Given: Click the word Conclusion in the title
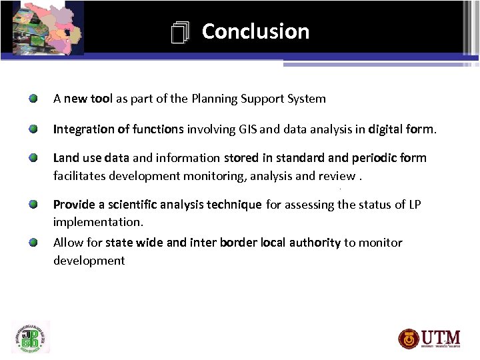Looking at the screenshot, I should tap(255, 31).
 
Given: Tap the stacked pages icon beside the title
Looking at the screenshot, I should tap(180, 33).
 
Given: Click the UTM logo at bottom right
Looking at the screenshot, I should tap(429, 338).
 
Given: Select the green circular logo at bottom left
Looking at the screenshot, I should tap(31, 337).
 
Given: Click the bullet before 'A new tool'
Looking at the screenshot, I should tap(33, 99).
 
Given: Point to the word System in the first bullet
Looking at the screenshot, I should tap(306, 99).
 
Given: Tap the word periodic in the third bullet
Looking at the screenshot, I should tap(374, 158).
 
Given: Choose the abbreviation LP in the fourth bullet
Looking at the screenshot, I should tap(414, 205).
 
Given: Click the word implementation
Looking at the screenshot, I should tap(98, 222).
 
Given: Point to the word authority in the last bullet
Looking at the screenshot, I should tap(315, 243).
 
